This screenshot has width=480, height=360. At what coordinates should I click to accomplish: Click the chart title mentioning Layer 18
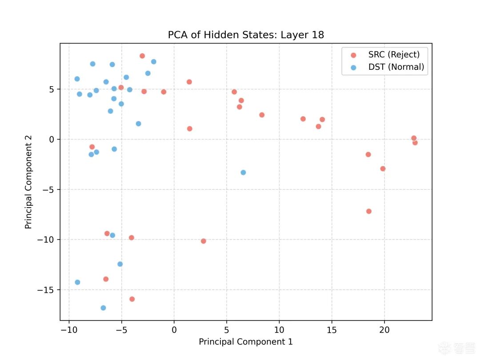246,35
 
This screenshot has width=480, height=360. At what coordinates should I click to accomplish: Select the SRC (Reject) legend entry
394,55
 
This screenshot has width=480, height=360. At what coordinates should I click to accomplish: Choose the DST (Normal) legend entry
396,68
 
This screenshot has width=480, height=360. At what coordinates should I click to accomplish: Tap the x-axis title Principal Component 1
246,342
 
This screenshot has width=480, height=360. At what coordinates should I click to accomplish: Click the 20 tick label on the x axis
384,330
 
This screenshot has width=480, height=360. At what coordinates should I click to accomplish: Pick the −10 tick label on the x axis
69,330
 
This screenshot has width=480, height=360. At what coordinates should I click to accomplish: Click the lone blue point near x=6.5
243,172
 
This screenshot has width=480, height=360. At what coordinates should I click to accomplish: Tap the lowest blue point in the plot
103,308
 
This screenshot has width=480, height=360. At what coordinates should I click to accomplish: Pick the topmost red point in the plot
142,56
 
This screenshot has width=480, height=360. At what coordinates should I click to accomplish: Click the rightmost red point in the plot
415,143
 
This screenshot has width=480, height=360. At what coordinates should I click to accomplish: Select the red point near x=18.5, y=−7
369,212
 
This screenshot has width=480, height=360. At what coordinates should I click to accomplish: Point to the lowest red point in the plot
132,299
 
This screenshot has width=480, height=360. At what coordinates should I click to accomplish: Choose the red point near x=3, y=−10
204,241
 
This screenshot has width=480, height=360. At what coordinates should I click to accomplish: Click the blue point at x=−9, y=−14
77,282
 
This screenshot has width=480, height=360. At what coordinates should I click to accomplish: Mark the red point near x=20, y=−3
383,169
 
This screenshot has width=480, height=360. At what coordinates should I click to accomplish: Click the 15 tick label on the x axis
332,330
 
